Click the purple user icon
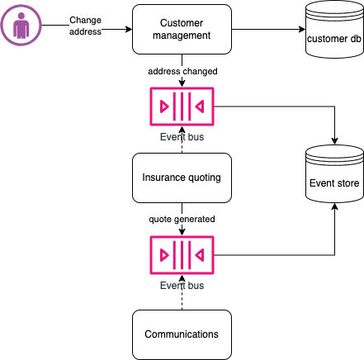point(21,26)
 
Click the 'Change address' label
point(85,25)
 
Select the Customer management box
point(182,31)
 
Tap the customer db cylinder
point(333,31)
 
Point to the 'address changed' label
point(182,72)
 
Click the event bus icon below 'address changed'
point(182,107)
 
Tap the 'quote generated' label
point(182,219)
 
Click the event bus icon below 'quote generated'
point(182,255)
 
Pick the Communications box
point(182,334)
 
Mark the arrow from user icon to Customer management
point(116,31)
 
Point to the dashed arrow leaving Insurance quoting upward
point(182,142)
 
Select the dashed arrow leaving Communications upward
point(182,294)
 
